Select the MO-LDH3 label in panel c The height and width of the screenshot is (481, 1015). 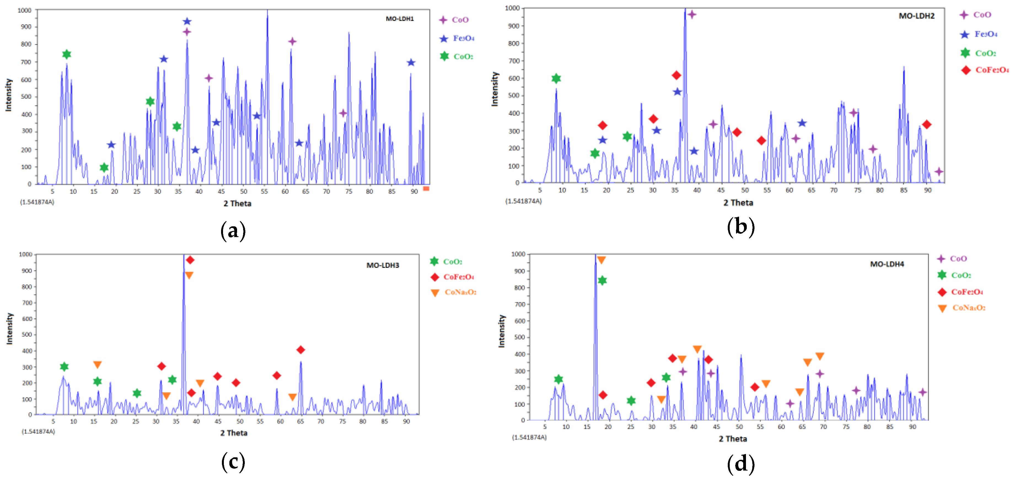(383, 265)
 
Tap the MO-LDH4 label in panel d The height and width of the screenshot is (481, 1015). (887, 264)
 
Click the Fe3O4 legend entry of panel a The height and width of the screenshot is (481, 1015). (457, 38)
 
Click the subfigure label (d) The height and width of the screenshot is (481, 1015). (740, 464)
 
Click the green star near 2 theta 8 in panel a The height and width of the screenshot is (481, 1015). (67, 54)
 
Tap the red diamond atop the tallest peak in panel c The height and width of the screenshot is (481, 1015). (190, 260)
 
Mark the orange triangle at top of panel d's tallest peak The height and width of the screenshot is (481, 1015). (601, 260)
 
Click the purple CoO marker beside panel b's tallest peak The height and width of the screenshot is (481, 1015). (692, 15)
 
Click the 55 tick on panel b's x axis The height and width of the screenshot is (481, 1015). (767, 191)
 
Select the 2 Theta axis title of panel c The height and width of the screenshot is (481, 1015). (234, 433)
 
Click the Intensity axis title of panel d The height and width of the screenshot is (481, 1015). (502, 331)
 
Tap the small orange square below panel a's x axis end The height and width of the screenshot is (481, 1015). (426, 189)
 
